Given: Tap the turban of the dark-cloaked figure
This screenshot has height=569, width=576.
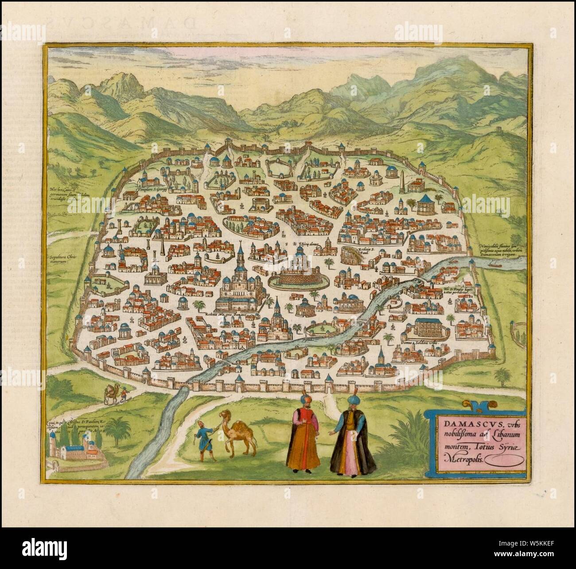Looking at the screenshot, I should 346,400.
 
